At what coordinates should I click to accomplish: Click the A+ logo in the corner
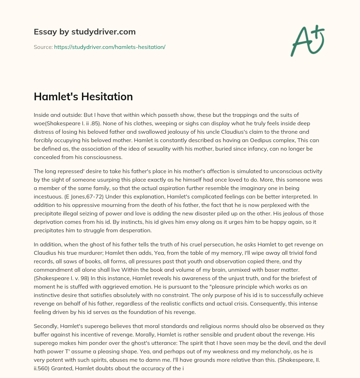[x=308, y=41]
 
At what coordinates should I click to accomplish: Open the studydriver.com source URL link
[x=110, y=47]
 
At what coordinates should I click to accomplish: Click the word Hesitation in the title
[x=109, y=96]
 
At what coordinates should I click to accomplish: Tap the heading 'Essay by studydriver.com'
[x=85, y=32]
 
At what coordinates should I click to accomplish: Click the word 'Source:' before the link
[x=43, y=47]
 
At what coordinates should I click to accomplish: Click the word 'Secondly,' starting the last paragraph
[x=46, y=326]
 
